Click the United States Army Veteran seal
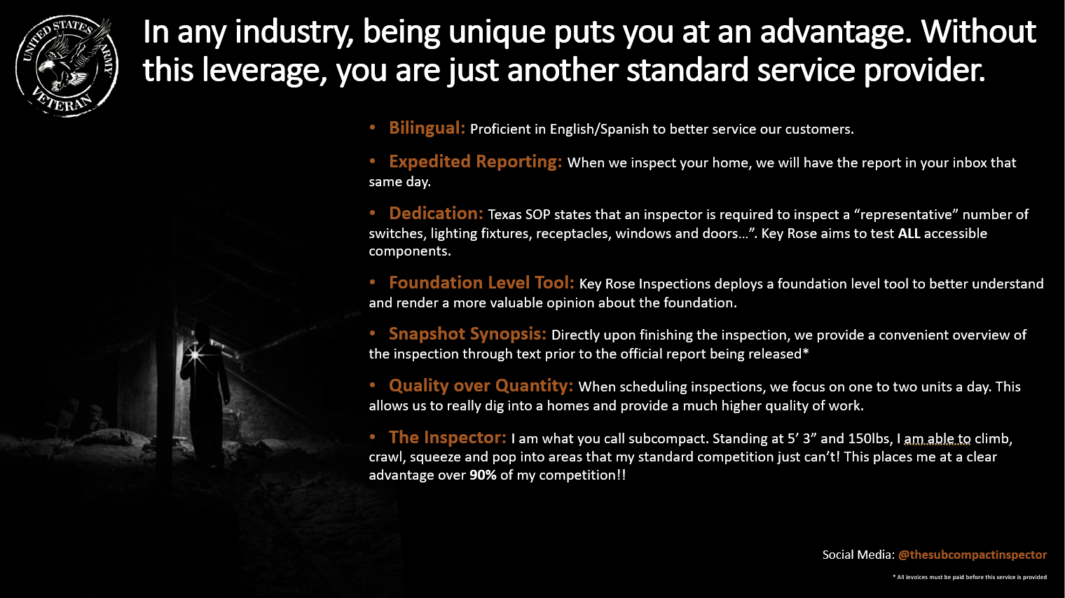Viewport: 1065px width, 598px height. (x=67, y=66)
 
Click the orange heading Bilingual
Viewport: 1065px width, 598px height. (x=427, y=128)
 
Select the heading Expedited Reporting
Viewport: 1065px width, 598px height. (x=475, y=162)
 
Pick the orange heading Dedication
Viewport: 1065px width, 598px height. (x=436, y=214)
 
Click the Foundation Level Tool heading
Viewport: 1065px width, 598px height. (x=481, y=283)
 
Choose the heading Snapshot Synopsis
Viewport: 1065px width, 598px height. (x=467, y=334)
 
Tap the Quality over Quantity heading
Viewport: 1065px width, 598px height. (x=481, y=386)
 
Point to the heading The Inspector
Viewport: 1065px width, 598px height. (x=448, y=437)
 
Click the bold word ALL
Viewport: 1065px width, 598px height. (x=909, y=233)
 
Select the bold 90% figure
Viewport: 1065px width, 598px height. (x=483, y=475)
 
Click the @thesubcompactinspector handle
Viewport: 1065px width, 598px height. (x=973, y=555)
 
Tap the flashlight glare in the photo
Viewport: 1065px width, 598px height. (x=195, y=354)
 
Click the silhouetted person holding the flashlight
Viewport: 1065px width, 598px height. (x=205, y=394)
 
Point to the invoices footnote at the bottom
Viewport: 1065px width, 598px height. (x=970, y=577)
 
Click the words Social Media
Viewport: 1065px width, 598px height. (x=858, y=555)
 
